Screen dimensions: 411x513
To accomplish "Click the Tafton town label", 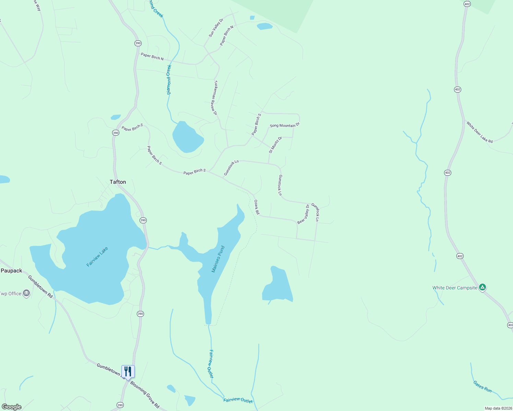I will tap(118, 182).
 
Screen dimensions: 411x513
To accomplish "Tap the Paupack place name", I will tap(11, 271).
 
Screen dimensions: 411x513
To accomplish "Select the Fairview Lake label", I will tap(97, 257).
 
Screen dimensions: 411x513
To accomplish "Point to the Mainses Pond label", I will tap(218, 259).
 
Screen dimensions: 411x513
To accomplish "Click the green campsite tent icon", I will tap(482, 287).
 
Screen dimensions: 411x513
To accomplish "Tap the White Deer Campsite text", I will tap(455, 288).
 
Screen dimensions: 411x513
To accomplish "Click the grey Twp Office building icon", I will tap(26, 293).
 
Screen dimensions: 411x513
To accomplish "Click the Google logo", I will tap(12, 407).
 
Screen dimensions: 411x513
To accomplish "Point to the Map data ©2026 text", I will tap(498, 408).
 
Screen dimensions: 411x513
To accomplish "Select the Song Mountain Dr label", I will tap(285, 125).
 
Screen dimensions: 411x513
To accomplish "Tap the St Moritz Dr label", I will tap(275, 145).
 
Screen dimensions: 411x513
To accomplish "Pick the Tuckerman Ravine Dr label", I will tap(216, 98).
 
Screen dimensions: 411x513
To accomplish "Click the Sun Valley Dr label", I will tap(216, 28).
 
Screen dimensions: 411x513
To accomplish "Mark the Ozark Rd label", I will tap(257, 207).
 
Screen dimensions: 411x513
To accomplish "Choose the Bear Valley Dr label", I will tap(303, 214).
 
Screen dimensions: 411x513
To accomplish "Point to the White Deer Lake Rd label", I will tap(479, 132).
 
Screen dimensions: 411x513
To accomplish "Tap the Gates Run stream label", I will tap(482, 387).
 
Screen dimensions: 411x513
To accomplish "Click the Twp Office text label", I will tap(11, 294).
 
